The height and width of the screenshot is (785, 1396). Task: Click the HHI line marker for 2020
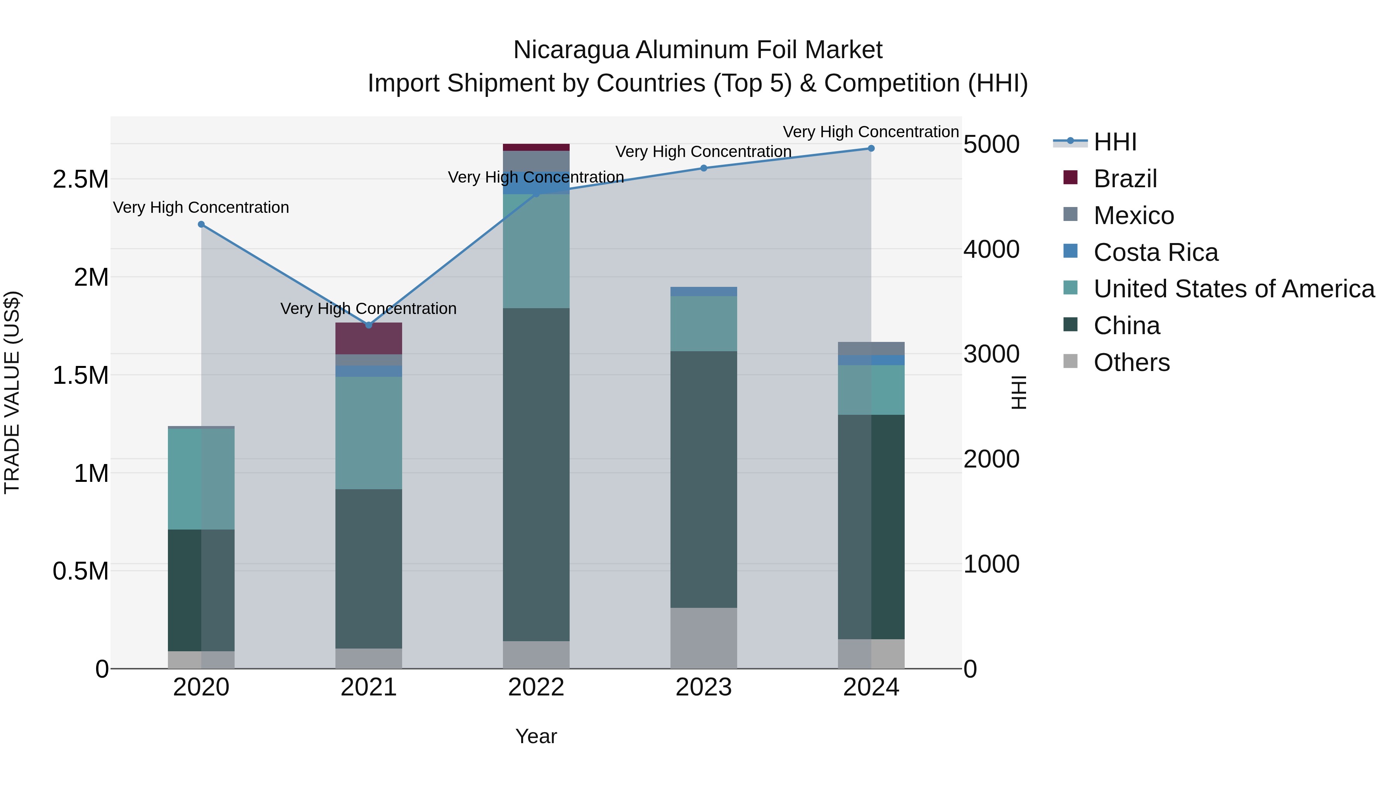[201, 224]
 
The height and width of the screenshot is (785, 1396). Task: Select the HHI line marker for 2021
[368, 325]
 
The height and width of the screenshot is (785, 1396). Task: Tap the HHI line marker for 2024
[871, 148]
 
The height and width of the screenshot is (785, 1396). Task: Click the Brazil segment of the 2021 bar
[368, 338]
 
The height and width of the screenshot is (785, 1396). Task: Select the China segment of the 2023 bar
[703, 480]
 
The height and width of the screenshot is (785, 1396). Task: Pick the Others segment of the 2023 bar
[703, 638]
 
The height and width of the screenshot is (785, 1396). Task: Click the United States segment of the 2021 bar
[368, 433]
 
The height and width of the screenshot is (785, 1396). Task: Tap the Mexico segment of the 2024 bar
[871, 349]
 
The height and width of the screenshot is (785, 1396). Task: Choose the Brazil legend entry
[1125, 179]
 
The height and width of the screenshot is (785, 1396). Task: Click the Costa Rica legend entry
[1156, 252]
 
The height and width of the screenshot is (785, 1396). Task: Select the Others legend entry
[1131, 362]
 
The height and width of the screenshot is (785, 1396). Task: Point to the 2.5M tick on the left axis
[80, 179]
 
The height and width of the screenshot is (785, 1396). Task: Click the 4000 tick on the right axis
[991, 249]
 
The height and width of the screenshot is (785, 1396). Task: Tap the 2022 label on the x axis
[536, 687]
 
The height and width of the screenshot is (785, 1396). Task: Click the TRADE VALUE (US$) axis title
[12, 392]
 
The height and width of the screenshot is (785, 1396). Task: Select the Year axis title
[536, 736]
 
